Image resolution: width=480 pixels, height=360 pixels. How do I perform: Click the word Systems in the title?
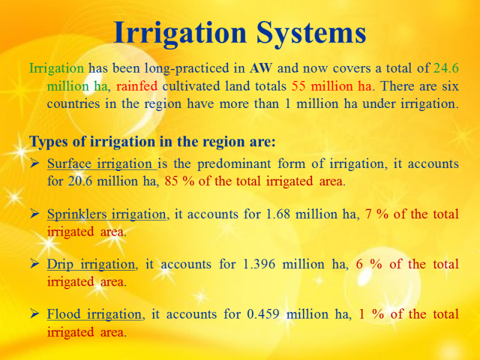point(311,34)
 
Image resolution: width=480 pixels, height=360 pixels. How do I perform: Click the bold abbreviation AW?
point(260,68)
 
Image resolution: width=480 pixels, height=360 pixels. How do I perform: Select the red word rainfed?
point(137,86)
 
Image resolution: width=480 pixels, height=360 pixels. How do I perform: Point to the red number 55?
point(298,86)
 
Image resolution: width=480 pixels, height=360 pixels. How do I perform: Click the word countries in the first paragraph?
point(73,104)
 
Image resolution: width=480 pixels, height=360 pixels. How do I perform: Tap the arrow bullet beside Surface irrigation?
point(34,163)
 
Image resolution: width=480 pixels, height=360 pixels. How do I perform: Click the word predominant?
point(234,164)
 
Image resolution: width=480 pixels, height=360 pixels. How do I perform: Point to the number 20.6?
point(80,181)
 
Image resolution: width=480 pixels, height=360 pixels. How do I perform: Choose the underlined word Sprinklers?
point(77,214)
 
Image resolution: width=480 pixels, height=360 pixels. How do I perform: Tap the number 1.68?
point(278,214)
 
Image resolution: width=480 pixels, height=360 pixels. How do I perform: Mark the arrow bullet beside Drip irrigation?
point(34,264)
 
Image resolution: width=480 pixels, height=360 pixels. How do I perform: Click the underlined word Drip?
point(60,264)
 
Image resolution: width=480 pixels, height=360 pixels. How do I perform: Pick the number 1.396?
point(259,264)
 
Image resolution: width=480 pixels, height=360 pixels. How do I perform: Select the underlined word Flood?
point(64,314)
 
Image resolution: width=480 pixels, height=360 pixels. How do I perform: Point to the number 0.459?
point(263,314)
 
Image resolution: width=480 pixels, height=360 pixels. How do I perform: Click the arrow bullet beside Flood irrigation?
point(34,314)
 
